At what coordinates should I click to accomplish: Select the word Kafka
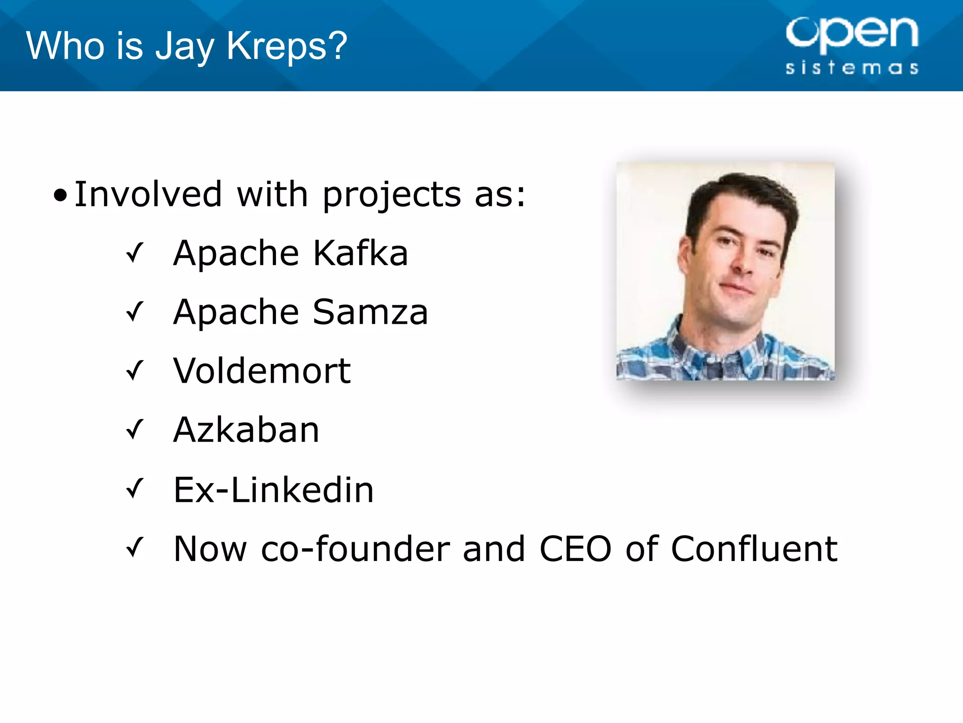(x=360, y=253)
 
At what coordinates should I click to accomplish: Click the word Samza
(x=370, y=312)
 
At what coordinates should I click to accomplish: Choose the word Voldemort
(x=262, y=371)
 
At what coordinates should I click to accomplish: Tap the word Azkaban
(x=246, y=430)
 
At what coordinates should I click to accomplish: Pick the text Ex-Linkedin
(x=274, y=490)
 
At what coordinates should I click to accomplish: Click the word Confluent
(x=754, y=549)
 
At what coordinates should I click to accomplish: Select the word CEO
(x=576, y=549)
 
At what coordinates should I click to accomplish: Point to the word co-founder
(x=355, y=549)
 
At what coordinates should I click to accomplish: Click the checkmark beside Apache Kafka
(x=134, y=253)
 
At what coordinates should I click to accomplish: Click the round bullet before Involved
(x=60, y=195)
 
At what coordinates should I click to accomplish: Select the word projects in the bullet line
(x=392, y=195)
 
